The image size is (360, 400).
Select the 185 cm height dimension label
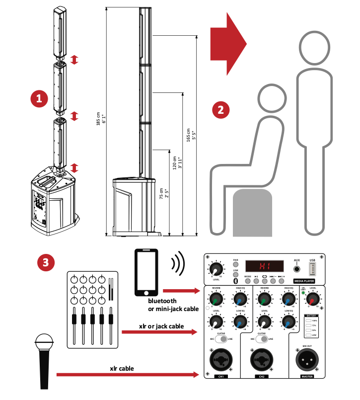click(101, 120)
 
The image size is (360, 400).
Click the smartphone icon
click(146, 272)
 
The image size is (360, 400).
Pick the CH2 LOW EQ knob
click(288, 321)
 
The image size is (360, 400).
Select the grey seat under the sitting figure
click(252, 211)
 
